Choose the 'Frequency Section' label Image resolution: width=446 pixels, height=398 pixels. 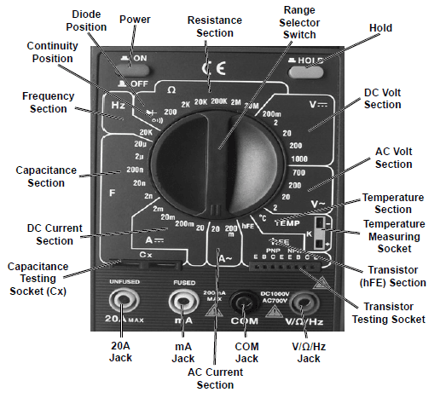pos(43,102)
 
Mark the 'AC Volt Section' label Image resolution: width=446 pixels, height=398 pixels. pos(393,158)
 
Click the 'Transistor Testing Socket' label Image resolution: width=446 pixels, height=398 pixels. pos(388,314)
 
